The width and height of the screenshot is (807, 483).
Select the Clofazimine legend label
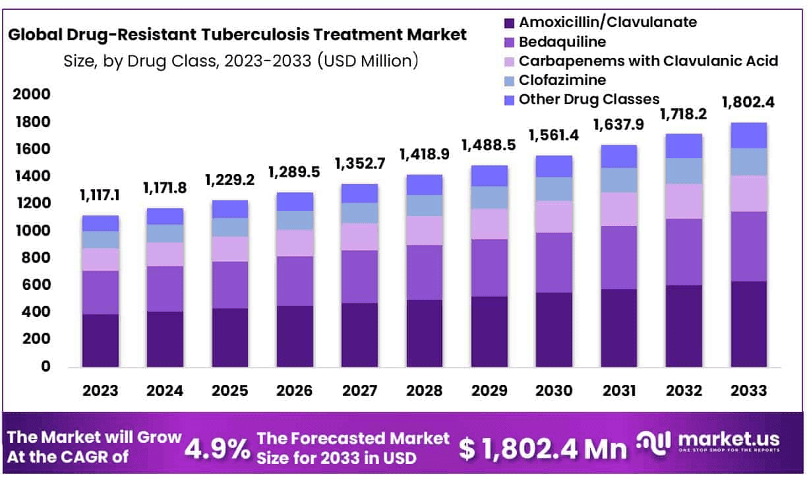pos(562,80)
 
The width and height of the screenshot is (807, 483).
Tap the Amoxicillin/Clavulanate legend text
pos(607,22)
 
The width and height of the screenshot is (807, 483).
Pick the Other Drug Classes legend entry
pos(589,99)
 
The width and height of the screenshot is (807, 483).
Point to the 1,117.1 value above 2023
pos(100,195)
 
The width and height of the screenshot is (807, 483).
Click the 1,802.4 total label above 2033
pos(748,102)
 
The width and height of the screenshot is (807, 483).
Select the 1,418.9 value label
pos(424,155)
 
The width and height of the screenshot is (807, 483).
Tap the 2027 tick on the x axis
pos(360,390)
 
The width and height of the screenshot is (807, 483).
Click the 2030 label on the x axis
pos(554,390)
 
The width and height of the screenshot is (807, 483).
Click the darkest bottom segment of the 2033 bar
pos(748,324)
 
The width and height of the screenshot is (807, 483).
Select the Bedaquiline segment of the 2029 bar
pos(489,268)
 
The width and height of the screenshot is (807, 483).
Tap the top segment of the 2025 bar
pos(229,209)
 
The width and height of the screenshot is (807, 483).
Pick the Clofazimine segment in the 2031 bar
pos(618,180)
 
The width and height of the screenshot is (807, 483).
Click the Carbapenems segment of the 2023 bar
pos(100,259)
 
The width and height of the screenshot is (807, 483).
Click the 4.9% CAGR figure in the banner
pos(218,448)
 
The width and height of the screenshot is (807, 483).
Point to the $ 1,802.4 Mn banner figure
pos(543,449)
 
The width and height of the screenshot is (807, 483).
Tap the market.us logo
pos(709,441)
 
